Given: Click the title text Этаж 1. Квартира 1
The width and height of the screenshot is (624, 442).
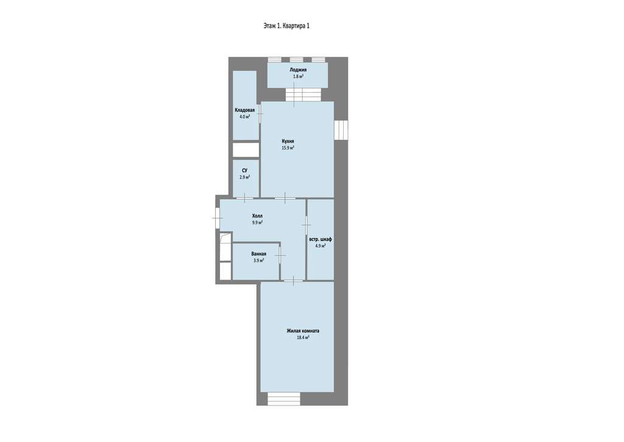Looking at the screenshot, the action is click(286, 26).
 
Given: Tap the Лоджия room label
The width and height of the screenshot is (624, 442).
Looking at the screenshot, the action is click(298, 70).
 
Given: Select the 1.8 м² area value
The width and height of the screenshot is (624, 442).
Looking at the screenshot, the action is click(298, 76).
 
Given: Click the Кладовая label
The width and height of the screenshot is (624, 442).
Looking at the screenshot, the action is click(245, 110).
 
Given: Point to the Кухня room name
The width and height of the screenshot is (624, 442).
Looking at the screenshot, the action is click(288, 141).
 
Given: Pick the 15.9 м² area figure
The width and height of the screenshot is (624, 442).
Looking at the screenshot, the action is click(288, 148).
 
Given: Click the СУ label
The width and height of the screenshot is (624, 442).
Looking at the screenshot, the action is click(244, 170).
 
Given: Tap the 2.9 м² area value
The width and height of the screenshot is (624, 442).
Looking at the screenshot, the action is click(245, 177).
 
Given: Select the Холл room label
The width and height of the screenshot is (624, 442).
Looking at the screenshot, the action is click(257, 216).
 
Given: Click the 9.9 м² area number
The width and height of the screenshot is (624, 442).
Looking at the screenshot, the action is click(257, 222).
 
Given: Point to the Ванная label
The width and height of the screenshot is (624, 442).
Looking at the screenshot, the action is click(258, 254).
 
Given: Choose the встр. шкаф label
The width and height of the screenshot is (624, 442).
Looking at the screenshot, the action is click(321, 239).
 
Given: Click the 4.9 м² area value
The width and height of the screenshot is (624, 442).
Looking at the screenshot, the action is click(321, 246).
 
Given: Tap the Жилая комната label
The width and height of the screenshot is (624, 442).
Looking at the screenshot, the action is click(303, 331).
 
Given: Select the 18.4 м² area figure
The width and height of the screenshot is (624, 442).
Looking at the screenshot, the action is click(303, 337).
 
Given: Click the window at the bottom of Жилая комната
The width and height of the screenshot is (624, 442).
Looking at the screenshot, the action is click(283, 399).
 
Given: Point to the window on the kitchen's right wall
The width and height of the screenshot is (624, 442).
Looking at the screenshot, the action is click(341, 130).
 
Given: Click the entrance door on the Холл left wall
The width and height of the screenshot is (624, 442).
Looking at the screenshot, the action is click(218, 218).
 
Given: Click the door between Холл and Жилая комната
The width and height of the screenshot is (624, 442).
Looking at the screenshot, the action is click(293, 281).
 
